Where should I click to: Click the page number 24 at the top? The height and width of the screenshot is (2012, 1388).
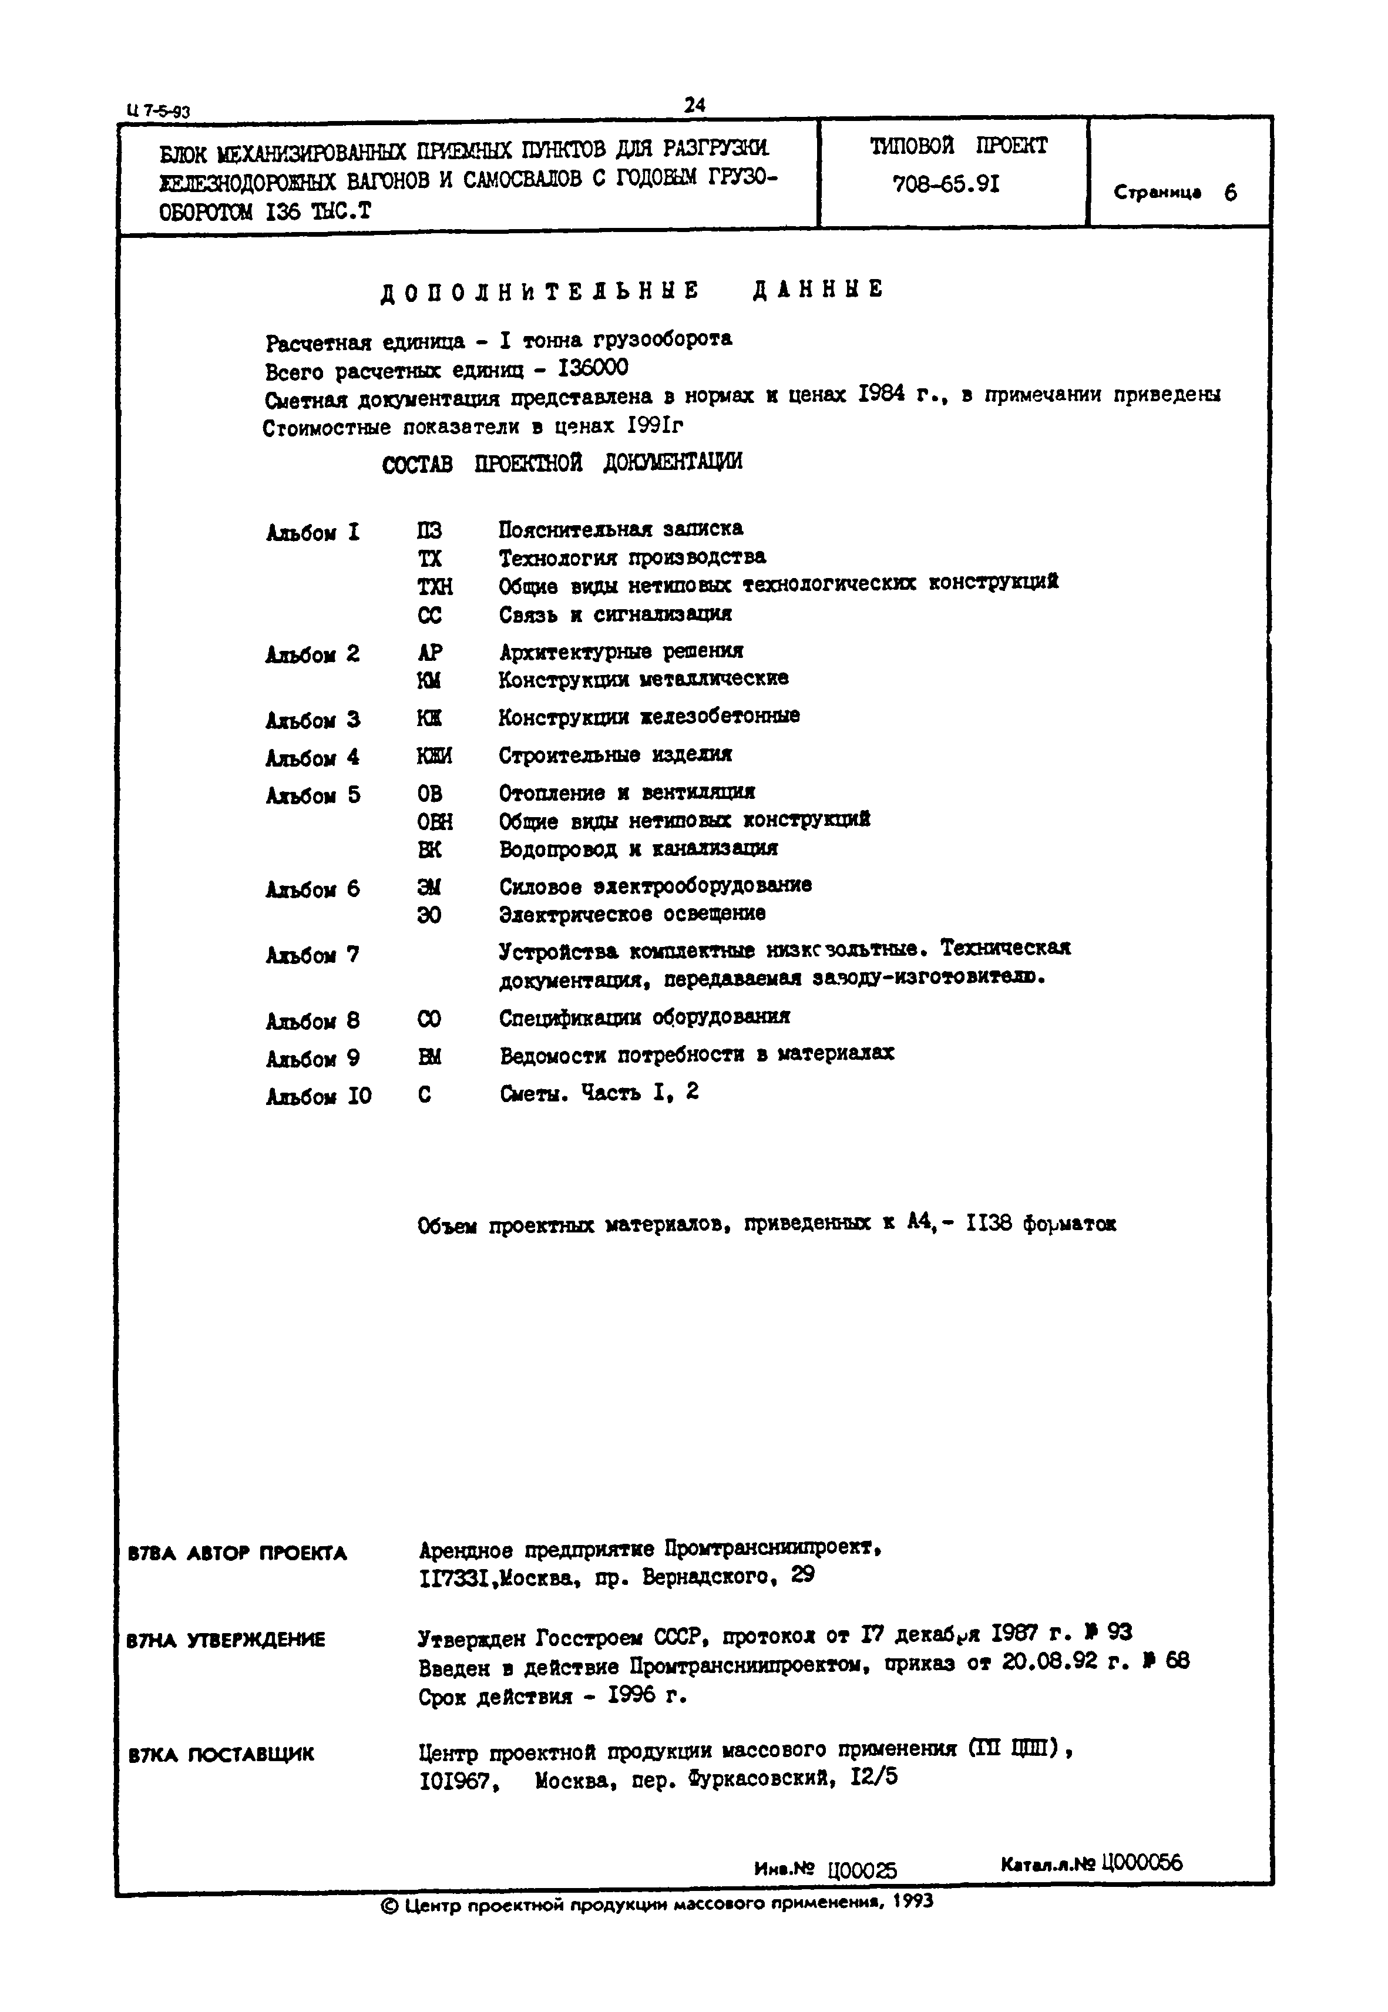(694, 105)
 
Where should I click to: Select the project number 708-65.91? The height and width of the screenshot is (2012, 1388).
(946, 184)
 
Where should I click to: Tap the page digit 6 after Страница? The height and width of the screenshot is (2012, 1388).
(1230, 193)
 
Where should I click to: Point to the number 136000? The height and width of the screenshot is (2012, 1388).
(592, 369)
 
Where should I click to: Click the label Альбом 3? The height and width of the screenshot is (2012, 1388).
(313, 720)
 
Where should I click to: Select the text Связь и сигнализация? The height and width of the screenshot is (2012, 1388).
(615, 614)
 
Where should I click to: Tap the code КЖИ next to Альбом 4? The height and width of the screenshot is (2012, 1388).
(434, 757)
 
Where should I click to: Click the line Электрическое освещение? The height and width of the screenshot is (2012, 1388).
(632, 914)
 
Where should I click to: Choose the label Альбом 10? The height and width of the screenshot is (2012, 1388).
(318, 1096)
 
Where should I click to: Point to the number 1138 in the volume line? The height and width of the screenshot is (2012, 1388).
(989, 1224)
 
